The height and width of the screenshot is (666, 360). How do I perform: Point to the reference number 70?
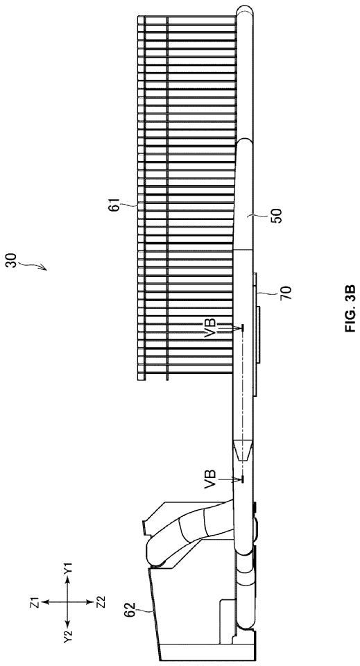286,293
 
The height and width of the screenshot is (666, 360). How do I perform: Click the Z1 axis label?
35,601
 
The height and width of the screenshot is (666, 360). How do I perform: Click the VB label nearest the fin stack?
211,328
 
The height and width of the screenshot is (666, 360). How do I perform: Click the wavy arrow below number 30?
34,266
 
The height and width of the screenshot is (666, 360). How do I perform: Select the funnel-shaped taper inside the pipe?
242,450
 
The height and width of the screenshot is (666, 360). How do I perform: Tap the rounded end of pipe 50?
245,142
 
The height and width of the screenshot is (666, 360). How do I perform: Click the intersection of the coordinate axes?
67,602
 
